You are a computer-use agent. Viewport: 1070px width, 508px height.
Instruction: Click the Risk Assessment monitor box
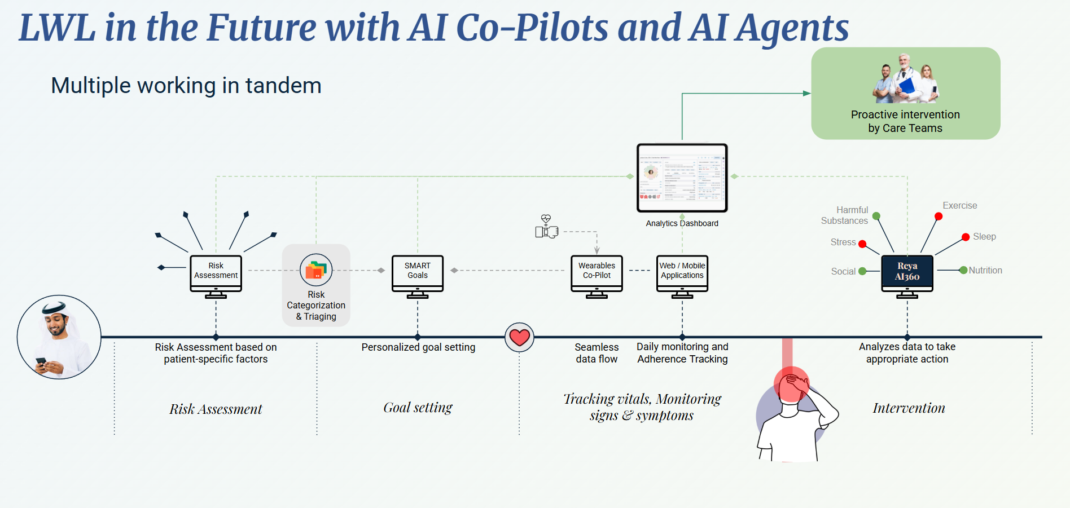pyautogui.click(x=216, y=273)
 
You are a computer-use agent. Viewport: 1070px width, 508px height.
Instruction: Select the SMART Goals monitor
pyautogui.click(x=418, y=273)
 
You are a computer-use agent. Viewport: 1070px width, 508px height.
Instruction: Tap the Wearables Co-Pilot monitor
pyautogui.click(x=597, y=273)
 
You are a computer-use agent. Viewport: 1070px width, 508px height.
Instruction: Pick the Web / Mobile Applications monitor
pyautogui.click(x=682, y=273)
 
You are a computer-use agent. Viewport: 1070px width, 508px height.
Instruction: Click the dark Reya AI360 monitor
pyautogui.click(x=907, y=273)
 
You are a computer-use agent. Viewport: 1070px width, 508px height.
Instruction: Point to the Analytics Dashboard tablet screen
pyautogui.click(x=682, y=178)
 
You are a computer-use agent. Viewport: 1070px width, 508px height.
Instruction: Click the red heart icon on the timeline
pyautogui.click(x=519, y=337)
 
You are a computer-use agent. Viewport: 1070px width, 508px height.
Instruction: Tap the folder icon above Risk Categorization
pyautogui.click(x=316, y=270)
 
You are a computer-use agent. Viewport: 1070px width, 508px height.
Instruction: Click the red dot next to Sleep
pyautogui.click(x=966, y=237)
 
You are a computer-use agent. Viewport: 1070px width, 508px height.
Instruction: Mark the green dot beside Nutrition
pyautogui.click(x=963, y=270)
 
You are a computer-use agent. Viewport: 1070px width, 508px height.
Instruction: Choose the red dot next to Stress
pyautogui.click(x=862, y=244)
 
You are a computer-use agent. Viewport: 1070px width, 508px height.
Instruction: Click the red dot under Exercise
pyautogui.click(x=938, y=217)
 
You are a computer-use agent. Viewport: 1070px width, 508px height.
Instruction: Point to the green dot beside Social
pyautogui.click(x=862, y=271)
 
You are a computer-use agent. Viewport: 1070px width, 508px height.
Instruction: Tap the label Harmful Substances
pyautogui.click(x=845, y=215)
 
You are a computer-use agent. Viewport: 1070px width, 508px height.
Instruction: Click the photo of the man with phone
pyautogui.click(x=59, y=337)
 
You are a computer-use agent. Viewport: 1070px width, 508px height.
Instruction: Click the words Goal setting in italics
pyautogui.click(x=418, y=408)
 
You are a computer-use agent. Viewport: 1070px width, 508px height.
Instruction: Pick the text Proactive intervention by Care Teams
pyautogui.click(x=905, y=121)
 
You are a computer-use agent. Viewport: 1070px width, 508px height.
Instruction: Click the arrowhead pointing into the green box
pyautogui.click(x=807, y=94)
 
